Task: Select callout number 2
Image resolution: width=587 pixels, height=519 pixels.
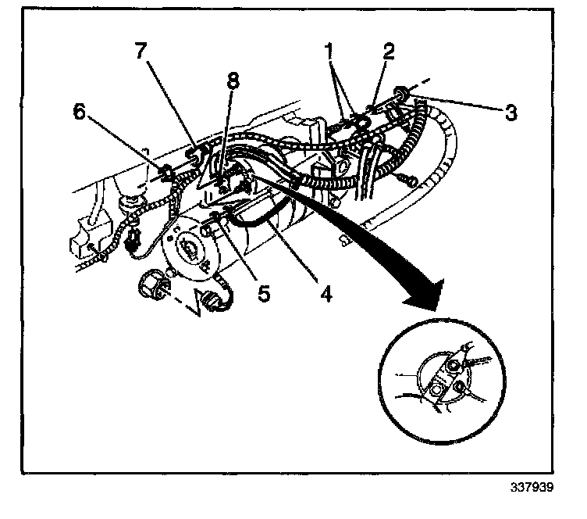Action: tap(388, 52)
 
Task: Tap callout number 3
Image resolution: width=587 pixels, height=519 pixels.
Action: tap(510, 113)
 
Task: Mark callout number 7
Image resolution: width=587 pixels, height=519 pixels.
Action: tap(140, 52)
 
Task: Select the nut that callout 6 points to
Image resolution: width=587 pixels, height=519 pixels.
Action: tap(167, 173)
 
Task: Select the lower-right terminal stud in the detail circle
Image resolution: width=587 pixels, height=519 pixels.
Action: tap(461, 385)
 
